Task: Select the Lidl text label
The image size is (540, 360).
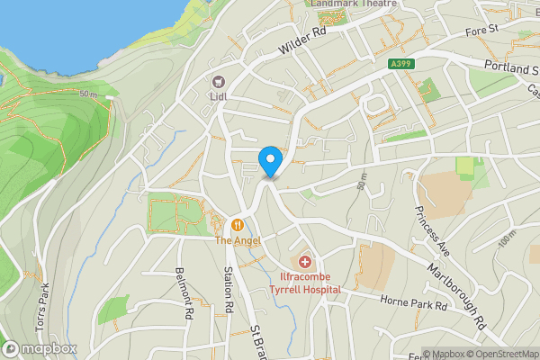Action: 217,96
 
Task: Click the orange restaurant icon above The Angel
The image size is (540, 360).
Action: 237,224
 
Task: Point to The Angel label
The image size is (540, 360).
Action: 237,240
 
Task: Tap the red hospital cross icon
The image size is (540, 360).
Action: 306,262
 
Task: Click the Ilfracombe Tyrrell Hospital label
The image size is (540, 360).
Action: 306,283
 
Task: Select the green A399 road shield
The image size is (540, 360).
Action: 402,64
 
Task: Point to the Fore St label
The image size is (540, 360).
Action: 481,31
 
